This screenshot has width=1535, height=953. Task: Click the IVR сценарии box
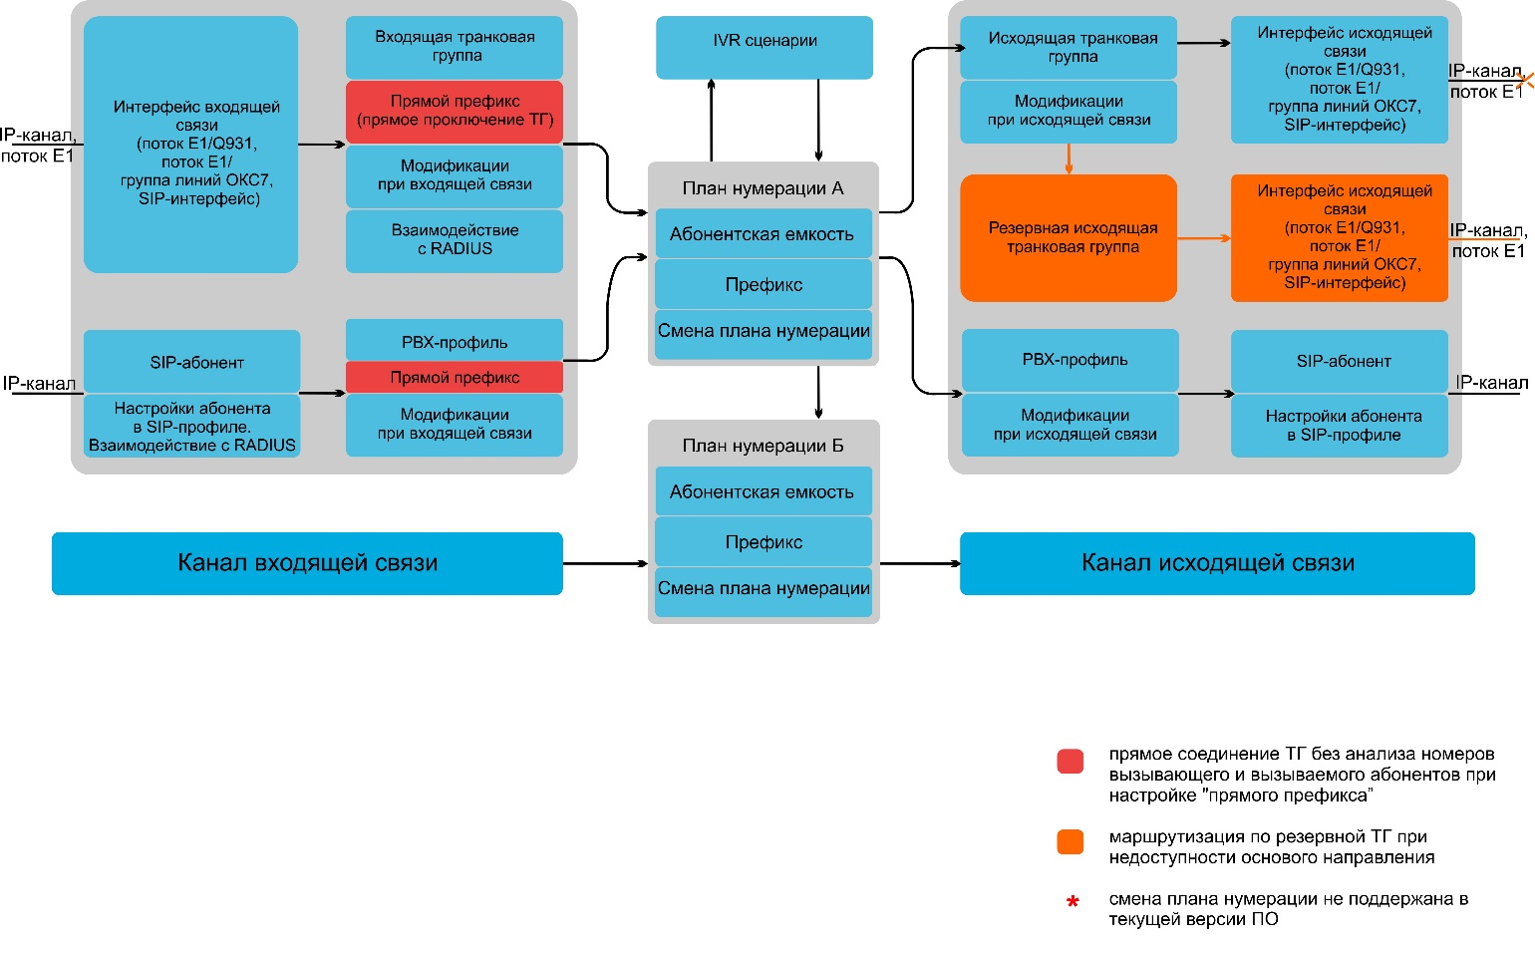(x=765, y=47)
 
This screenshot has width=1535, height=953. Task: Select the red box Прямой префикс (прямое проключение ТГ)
(x=455, y=112)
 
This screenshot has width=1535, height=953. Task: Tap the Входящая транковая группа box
(x=455, y=47)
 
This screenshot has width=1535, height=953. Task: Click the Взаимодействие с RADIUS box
(x=455, y=240)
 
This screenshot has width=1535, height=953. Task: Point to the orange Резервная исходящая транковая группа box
(x=1069, y=237)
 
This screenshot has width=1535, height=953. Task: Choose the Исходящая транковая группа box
(x=1069, y=47)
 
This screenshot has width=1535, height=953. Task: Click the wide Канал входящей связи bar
(x=307, y=563)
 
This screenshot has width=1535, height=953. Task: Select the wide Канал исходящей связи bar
(x=1217, y=563)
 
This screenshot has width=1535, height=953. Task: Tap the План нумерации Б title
(x=763, y=446)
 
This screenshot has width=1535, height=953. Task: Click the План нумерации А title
(x=763, y=188)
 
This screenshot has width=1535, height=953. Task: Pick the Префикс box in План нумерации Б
(x=764, y=542)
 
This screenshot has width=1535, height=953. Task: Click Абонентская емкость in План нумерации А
(x=764, y=233)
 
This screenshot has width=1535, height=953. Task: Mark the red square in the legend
(x=1071, y=762)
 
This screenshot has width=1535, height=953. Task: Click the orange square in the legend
(x=1071, y=842)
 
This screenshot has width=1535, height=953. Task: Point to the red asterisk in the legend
(x=1074, y=901)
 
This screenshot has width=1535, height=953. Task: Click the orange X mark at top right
(x=1525, y=81)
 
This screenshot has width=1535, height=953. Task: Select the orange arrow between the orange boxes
(x=1204, y=238)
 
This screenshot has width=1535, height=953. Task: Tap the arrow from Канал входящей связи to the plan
(x=606, y=564)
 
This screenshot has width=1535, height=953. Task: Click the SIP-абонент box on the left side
(x=191, y=361)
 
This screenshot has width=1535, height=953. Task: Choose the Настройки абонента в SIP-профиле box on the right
(x=1340, y=426)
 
